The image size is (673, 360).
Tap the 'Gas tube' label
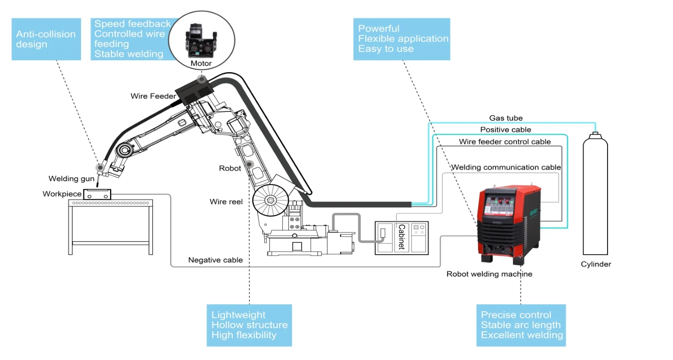coord(506,118)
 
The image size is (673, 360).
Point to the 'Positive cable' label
coord(506,129)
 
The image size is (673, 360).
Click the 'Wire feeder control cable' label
coord(505,142)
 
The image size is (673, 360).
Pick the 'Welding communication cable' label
coord(506,167)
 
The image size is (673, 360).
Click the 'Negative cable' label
coord(215,260)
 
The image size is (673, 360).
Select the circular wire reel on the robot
coord(270,201)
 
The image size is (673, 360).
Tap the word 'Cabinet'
coord(401,237)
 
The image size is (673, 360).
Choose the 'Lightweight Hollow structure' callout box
coord(249,325)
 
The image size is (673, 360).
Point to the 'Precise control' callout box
coord(521,325)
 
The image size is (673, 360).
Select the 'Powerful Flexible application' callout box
coord(402,39)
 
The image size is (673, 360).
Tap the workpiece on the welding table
coord(97,194)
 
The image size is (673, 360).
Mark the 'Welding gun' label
coord(71,179)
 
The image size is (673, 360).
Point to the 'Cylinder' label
coord(596,264)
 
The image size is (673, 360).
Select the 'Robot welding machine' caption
coord(489,274)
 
